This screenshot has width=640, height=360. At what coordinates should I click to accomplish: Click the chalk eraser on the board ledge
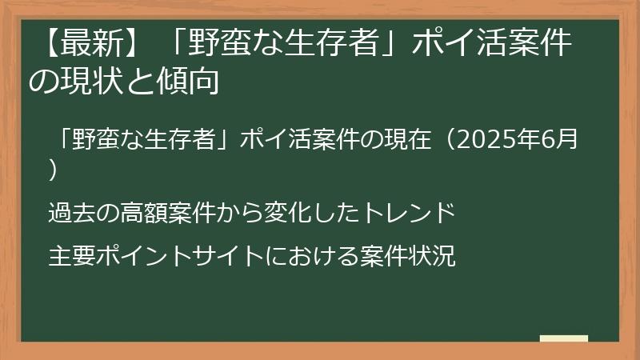click(x=564, y=338)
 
